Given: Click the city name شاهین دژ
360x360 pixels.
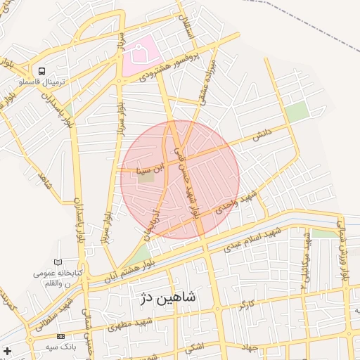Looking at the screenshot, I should [x=165, y=299].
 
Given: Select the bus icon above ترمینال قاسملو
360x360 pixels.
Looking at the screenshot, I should [x=42, y=71].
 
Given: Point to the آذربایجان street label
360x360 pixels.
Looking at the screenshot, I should [x=153, y=220].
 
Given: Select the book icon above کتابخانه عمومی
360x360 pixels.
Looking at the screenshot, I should [x=58, y=262].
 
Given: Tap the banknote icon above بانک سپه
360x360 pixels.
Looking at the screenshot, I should [x=60, y=337].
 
